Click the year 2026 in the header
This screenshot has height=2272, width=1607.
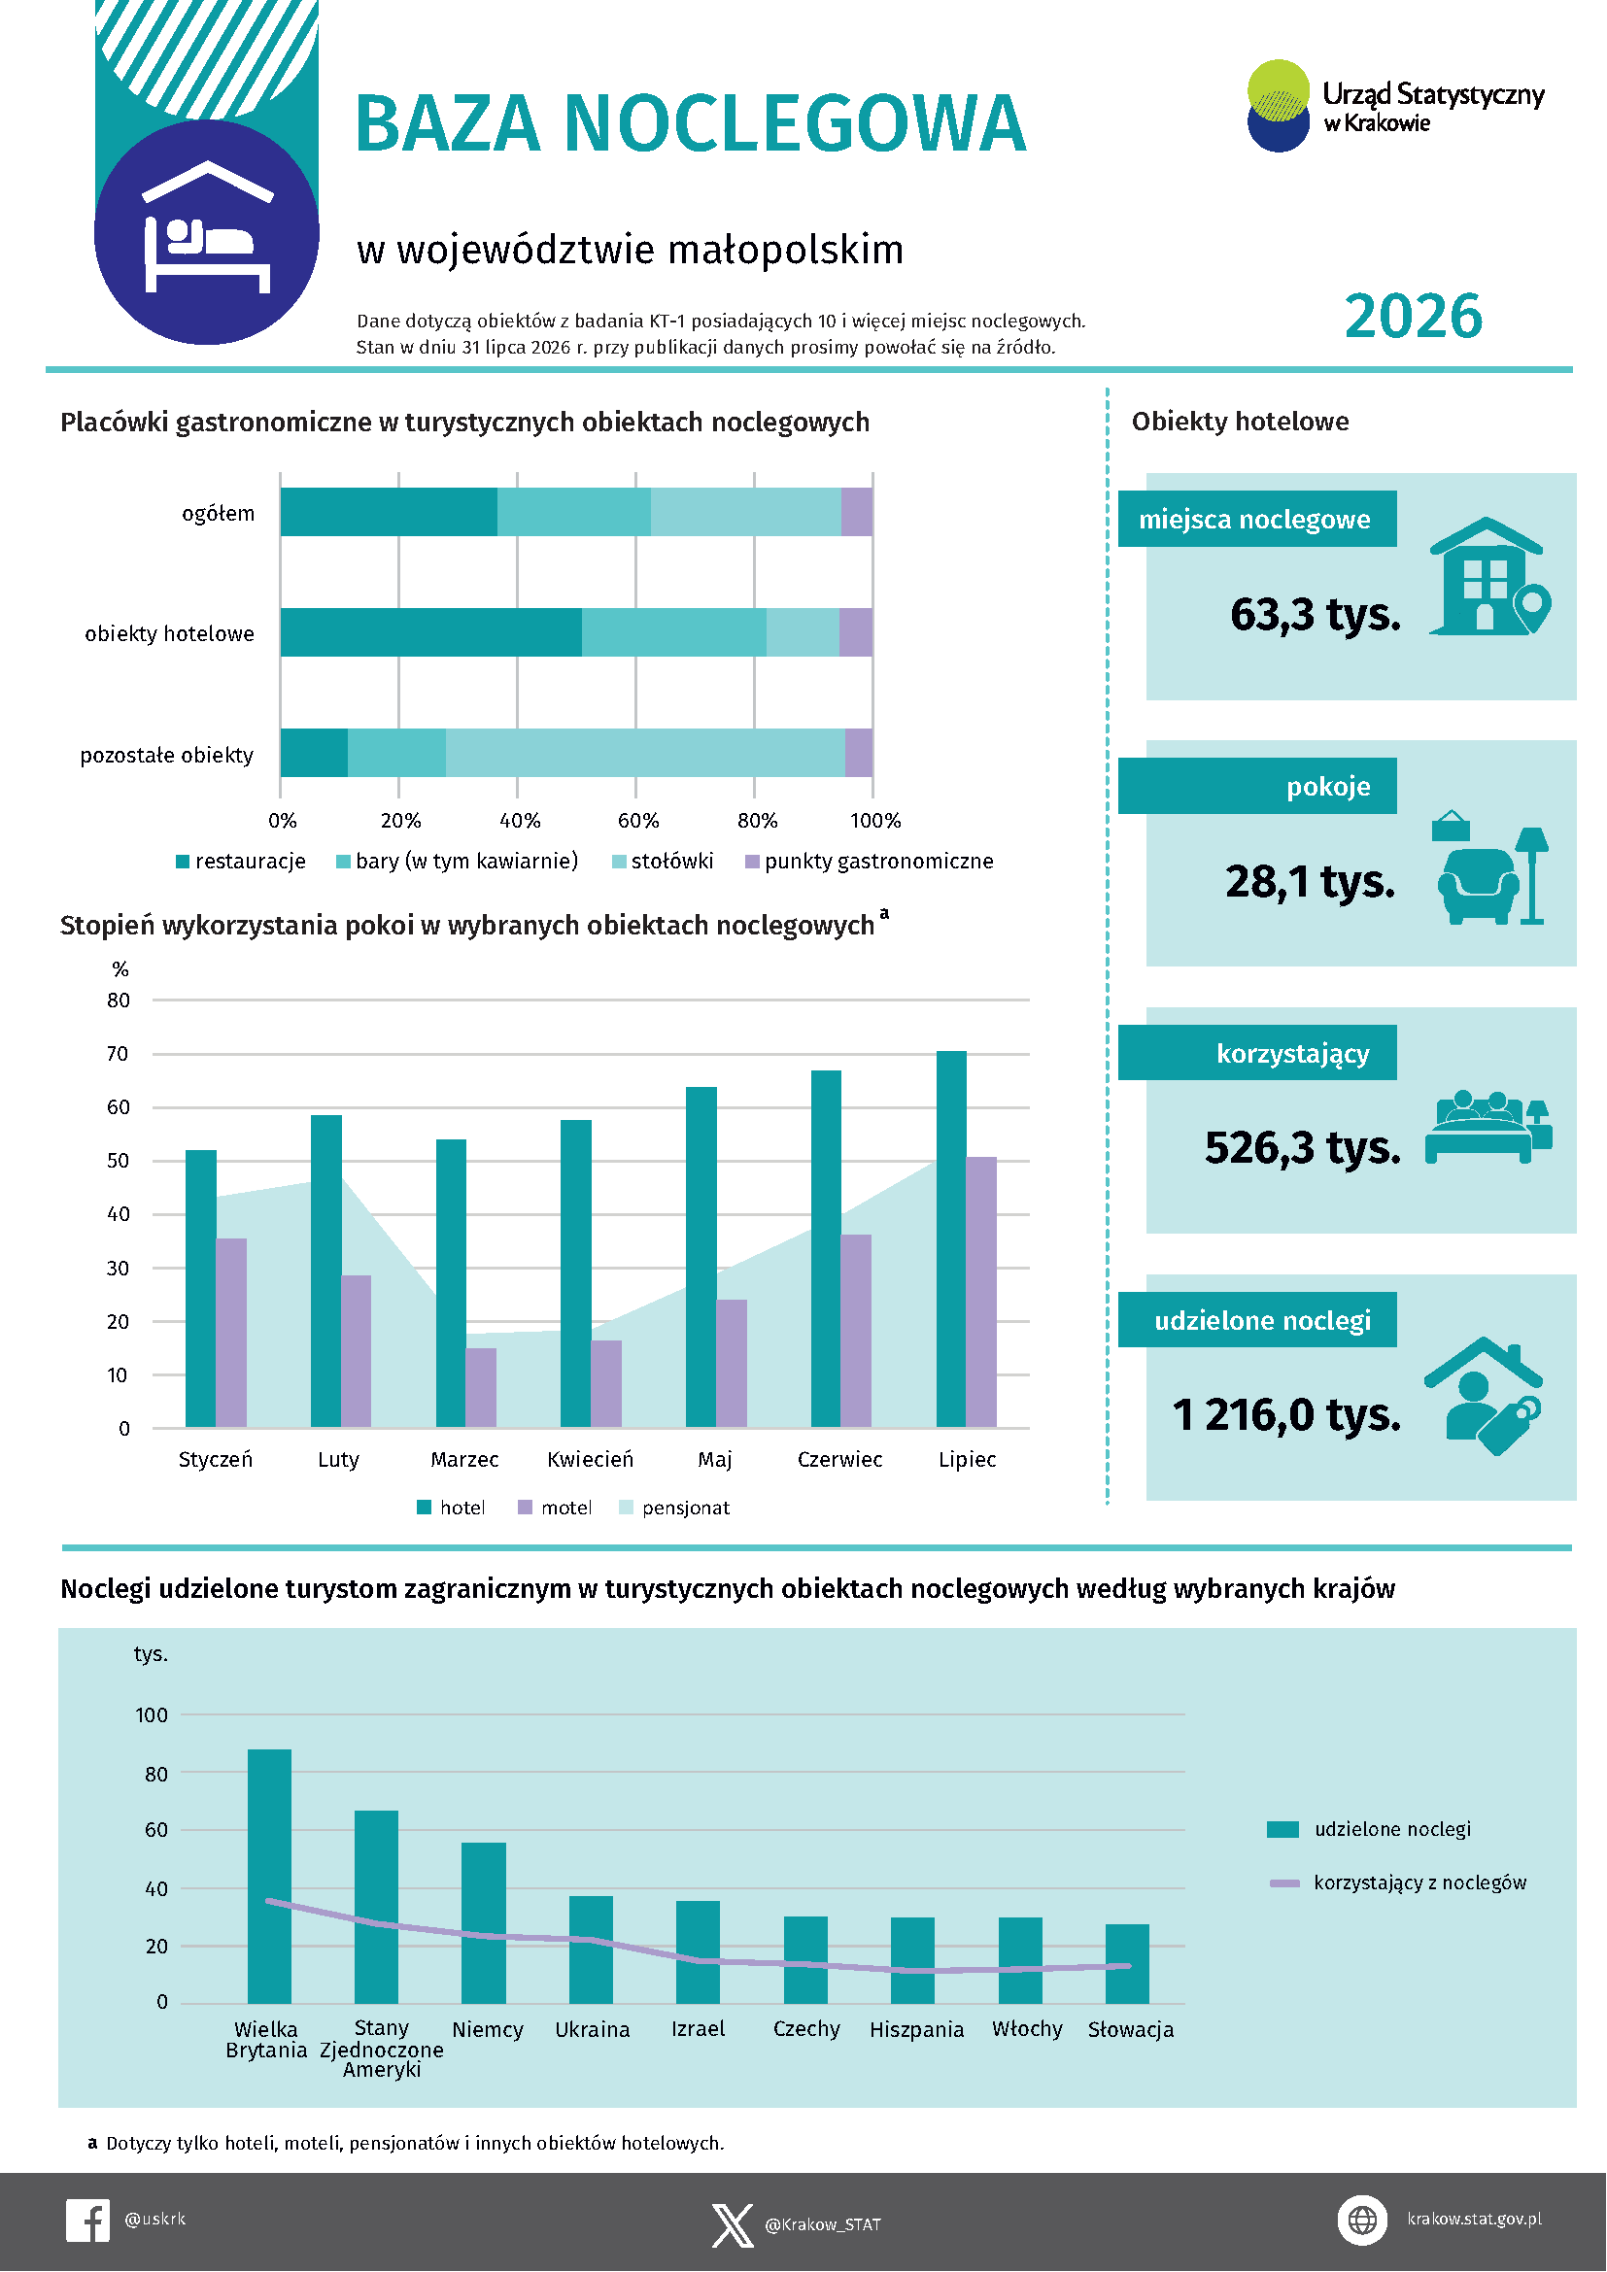[1413, 316]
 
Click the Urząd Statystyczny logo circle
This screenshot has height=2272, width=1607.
[1279, 106]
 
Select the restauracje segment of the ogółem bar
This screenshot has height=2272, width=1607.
[389, 513]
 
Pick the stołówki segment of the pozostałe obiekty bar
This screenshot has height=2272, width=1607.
[645, 753]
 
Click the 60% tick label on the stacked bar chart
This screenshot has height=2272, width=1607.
[638, 821]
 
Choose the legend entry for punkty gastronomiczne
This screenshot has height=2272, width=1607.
[870, 861]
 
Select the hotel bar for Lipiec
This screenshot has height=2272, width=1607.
[951, 1238]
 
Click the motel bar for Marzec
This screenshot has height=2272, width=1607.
[481, 1387]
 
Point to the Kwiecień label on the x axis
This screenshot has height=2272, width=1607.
[590, 1460]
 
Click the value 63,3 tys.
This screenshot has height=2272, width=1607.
[1316, 614]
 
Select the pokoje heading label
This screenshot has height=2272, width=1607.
[1328, 787]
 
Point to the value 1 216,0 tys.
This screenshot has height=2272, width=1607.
[1286, 1414]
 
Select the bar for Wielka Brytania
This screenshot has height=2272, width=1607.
[269, 1877]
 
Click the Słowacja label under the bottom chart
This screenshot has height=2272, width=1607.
[1130, 2029]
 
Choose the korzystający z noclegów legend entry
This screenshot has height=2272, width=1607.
[1398, 1882]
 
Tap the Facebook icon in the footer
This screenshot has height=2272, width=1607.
[88, 2221]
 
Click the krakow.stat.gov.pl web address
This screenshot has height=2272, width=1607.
[1475, 2219]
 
